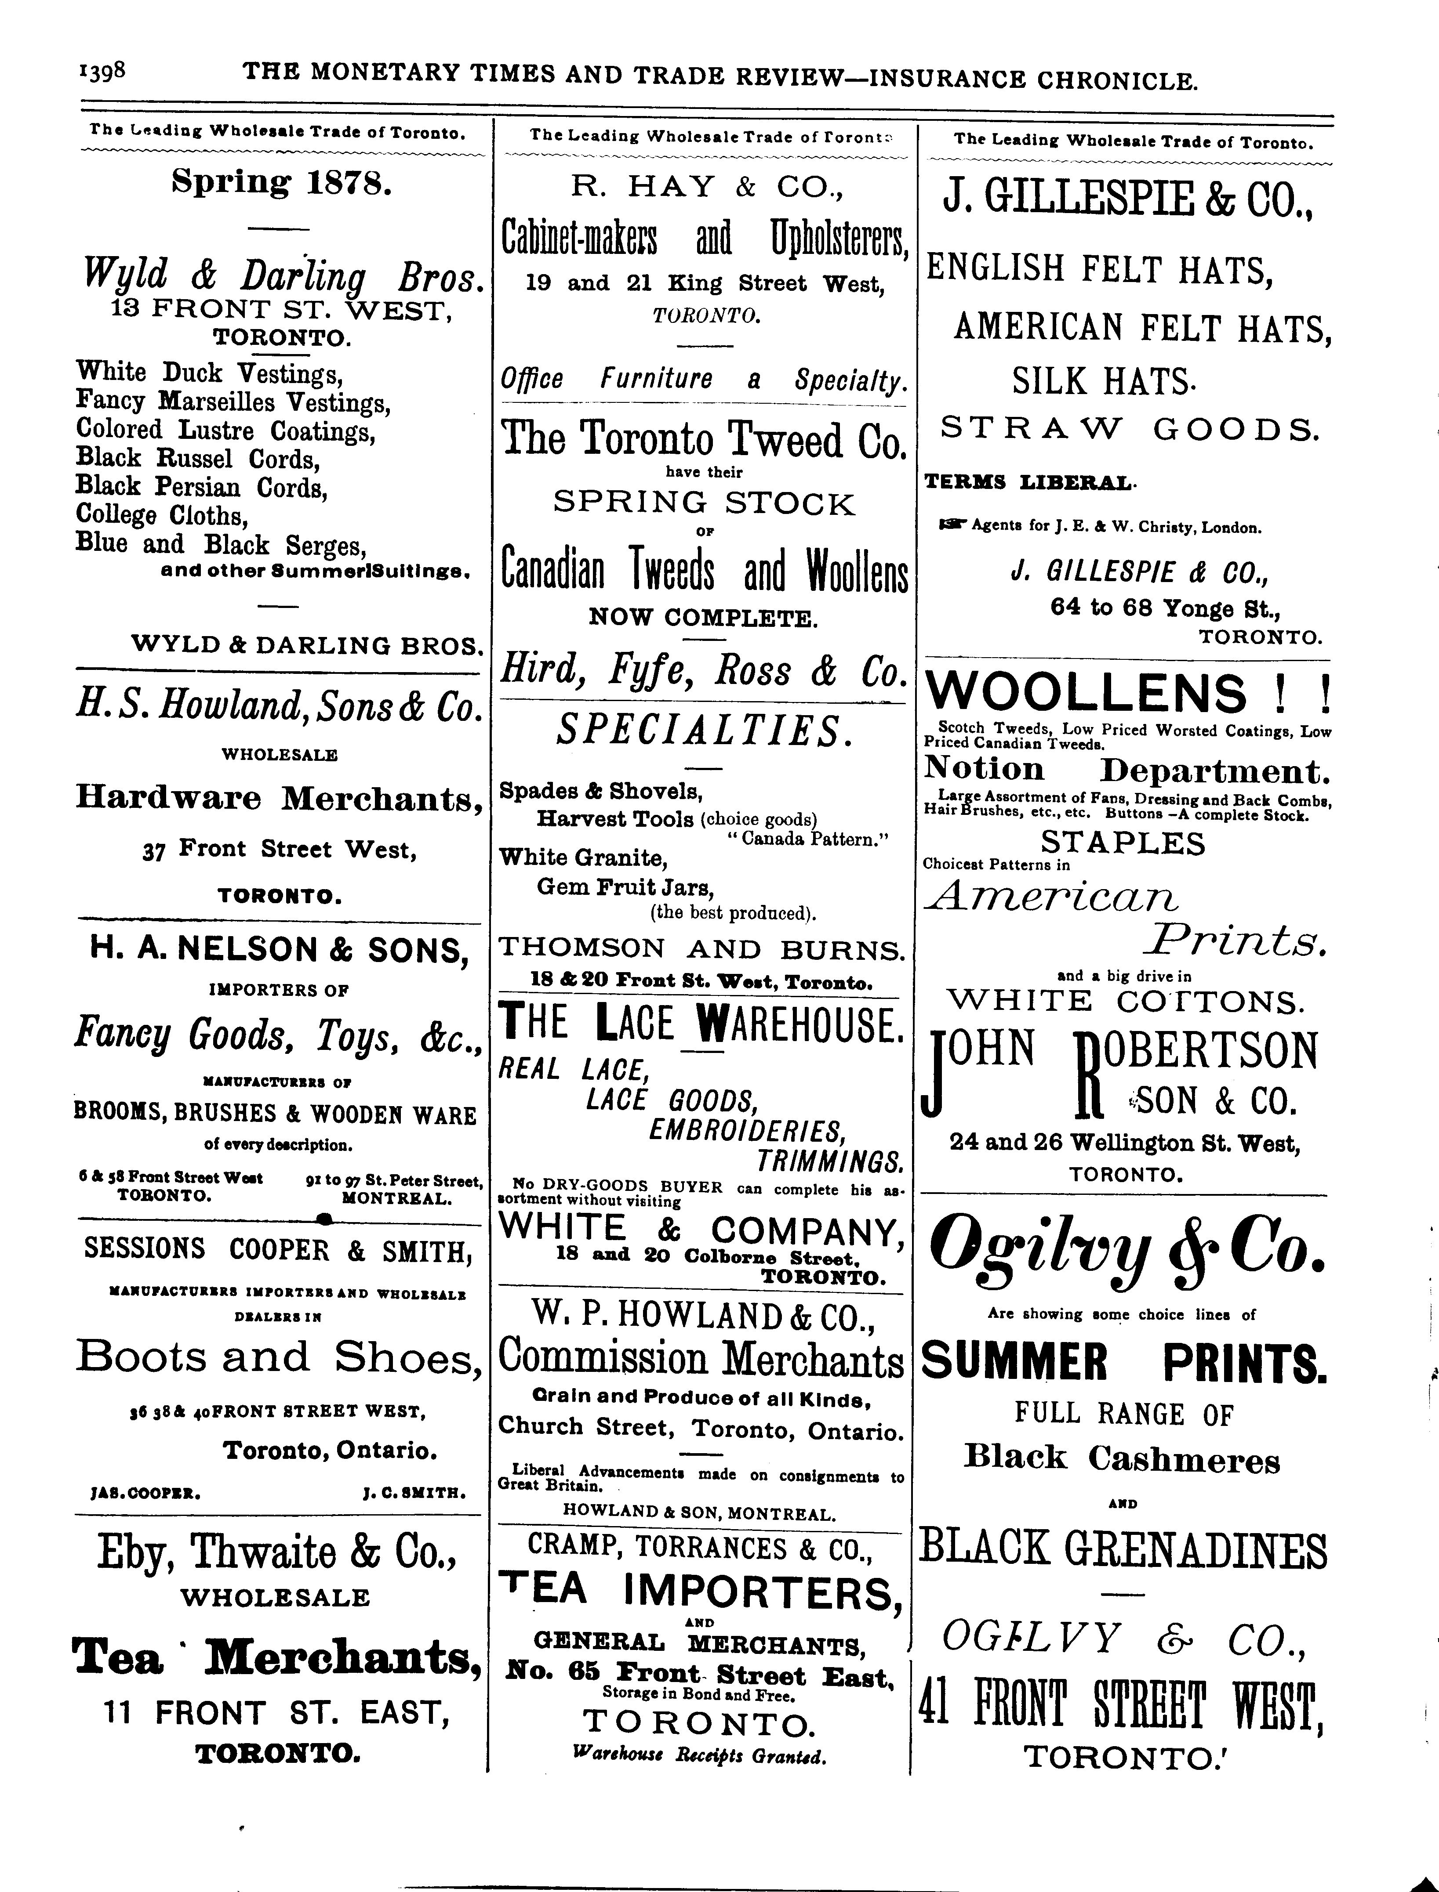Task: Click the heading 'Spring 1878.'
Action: pyautogui.click(x=282, y=182)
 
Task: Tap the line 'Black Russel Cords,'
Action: pyautogui.click(x=198, y=459)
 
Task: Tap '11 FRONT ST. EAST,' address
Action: pyautogui.click(x=277, y=1712)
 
